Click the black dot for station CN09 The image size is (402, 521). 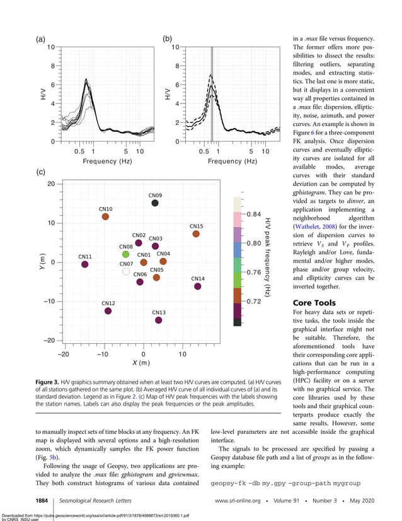coord(155,203)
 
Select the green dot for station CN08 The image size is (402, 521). coord(125,254)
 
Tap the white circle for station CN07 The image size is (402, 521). coord(126,271)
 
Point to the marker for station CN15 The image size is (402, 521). coord(196,234)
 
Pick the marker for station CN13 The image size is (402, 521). coord(159,320)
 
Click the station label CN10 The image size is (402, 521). coord(105,209)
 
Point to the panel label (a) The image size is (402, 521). coord(40,39)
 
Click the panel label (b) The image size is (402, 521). coord(168,39)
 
